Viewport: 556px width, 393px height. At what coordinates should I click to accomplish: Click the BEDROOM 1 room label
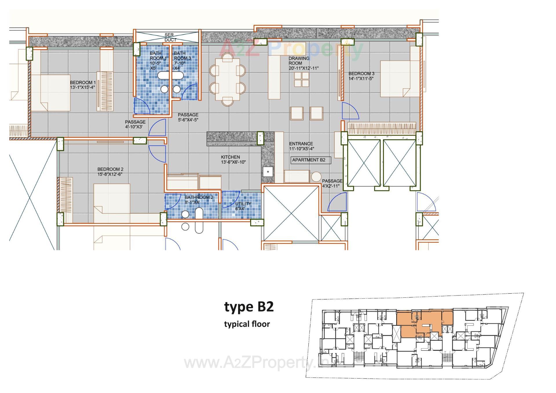pyautogui.click(x=83, y=83)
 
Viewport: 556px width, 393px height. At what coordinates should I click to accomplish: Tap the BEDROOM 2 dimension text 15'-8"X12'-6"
pyautogui.click(x=110, y=174)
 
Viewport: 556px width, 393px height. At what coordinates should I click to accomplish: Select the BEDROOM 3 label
pyautogui.click(x=361, y=74)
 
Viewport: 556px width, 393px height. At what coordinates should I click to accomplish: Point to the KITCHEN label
pyautogui.click(x=230, y=157)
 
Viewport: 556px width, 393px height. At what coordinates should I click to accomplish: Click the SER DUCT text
pyautogui.click(x=170, y=37)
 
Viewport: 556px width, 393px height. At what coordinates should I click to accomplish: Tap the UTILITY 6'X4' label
pyautogui.click(x=243, y=206)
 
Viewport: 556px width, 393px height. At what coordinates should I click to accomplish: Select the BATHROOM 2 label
pyautogui.click(x=199, y=198)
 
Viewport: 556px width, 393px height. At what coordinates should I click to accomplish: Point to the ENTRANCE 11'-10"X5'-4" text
pyautogui.click(x=301, y=146)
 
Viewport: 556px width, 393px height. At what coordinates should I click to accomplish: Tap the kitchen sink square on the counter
pyautogui.click(x=268, y=172)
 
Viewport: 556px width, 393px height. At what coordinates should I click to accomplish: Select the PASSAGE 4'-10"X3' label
pyautogui.click(x=135, y=124)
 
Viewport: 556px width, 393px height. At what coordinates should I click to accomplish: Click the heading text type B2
pyautogui.click(x=249, y=307)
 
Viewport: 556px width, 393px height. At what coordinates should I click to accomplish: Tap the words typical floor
pyautogui.click(x=247, y=324)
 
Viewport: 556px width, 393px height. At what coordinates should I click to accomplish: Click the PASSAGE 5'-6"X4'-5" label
pyautogui.click(x=188, y=117)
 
